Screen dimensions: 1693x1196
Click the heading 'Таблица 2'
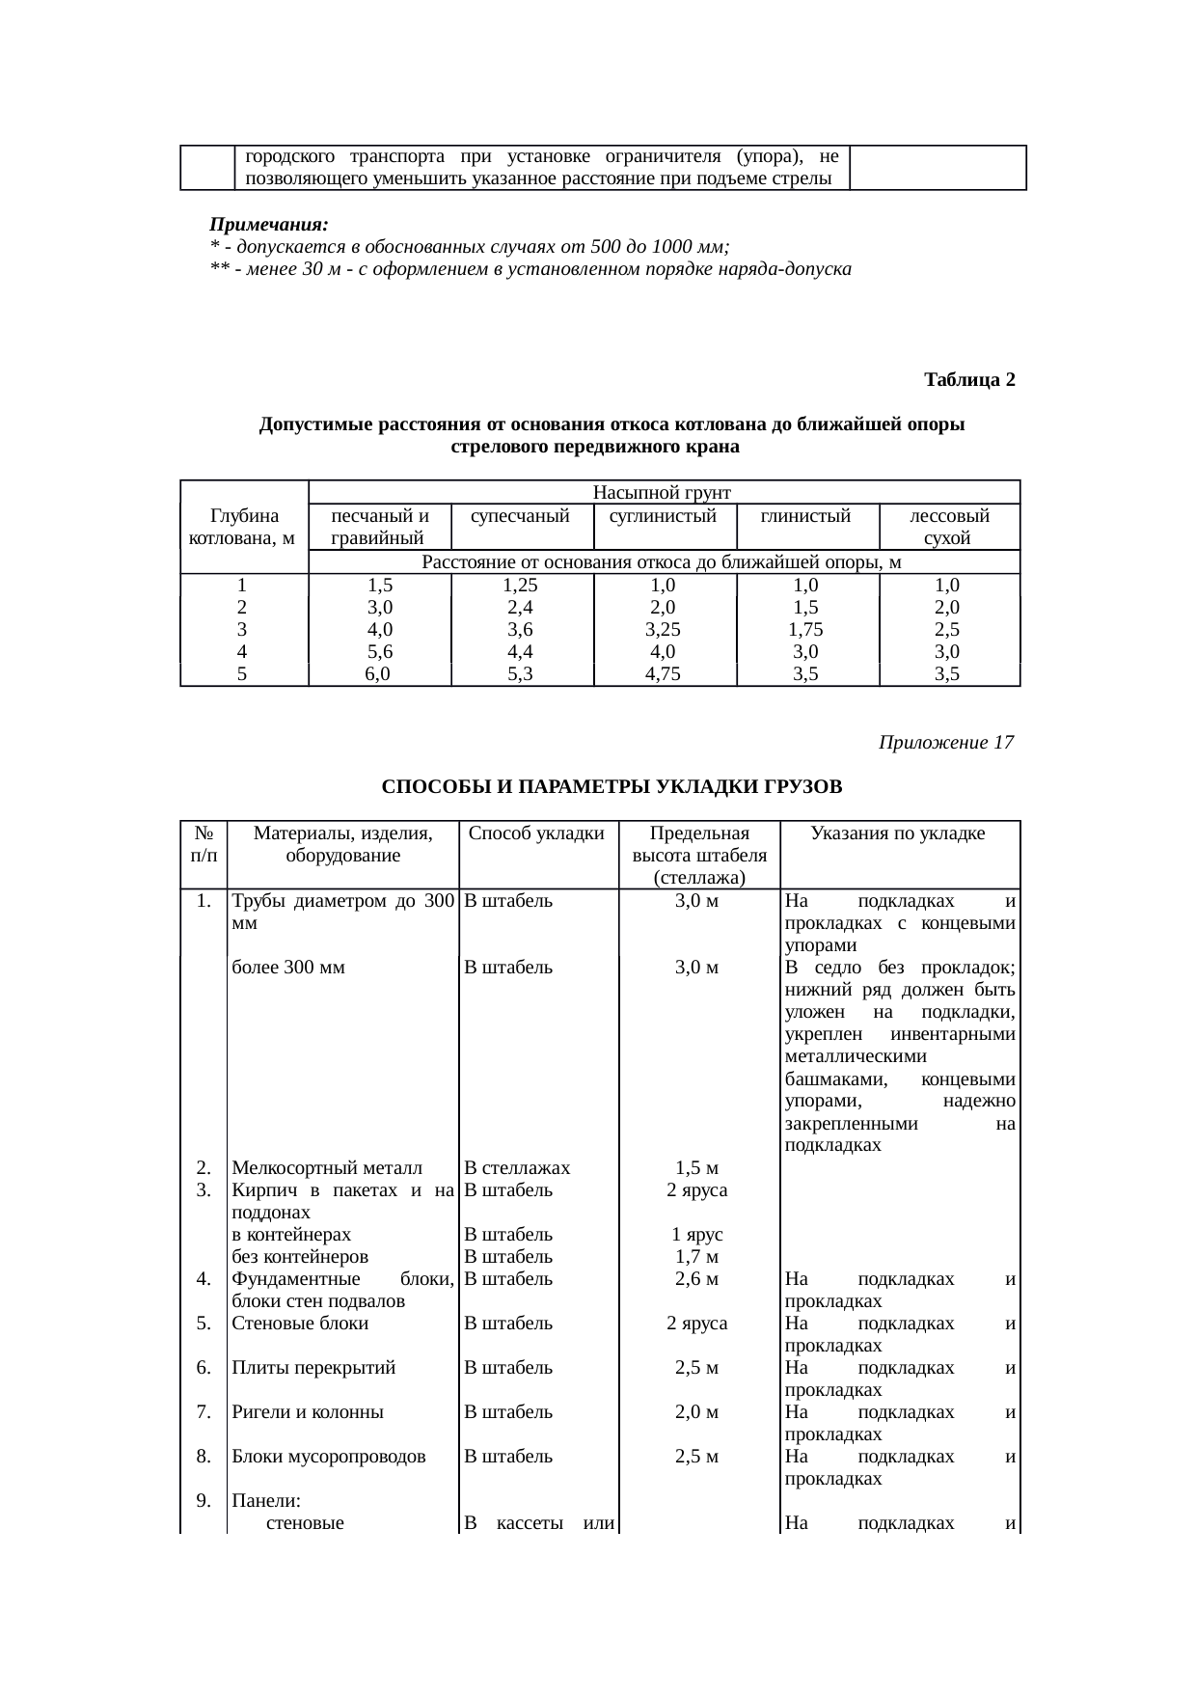pyautogui.click(x=968, y=379)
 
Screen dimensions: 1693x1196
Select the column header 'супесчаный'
pyautogui.click(x=521, y=516)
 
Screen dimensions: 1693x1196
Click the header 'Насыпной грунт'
pyautogui.click(x=663, y=492)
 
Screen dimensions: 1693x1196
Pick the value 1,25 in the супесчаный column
pyautogui.click(x=521, y=585)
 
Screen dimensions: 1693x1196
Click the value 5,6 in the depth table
pyautogui.click(x=379, y=651)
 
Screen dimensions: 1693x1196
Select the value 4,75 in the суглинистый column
pyautogui.click(x=664, y=674)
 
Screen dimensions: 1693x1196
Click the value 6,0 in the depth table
pyautogui.click(x=377, y=674)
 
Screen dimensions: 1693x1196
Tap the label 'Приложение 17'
pyautogui.click(x=945, y=743)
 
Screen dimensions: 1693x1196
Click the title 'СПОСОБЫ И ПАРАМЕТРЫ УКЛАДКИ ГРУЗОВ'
pyautogui.click(x=612, y=787)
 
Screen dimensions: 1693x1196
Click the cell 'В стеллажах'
pyautogui.click(x=517, y=1168)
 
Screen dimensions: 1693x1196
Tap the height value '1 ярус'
pyautogui.click(x=697, y=1235)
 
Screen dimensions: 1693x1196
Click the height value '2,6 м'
pyautogui.click(x=697, y=1279)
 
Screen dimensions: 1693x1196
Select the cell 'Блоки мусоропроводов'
pyautogui.click(x=329, y=1457)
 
